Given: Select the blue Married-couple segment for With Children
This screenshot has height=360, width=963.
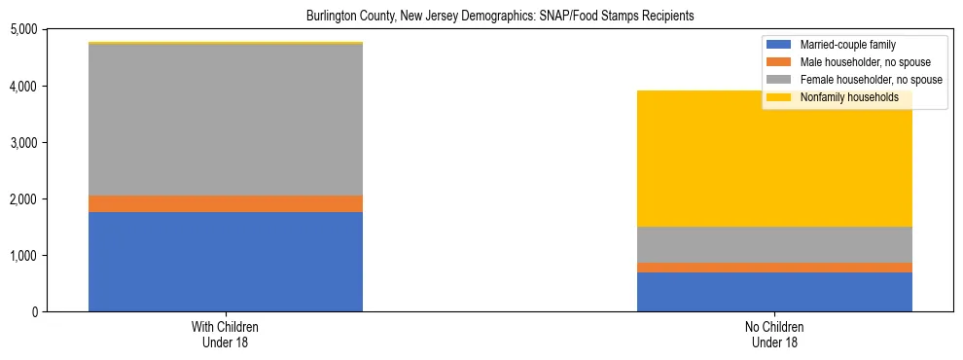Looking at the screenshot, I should [226, 261].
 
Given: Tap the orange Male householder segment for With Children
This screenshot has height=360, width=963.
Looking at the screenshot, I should [226, 203].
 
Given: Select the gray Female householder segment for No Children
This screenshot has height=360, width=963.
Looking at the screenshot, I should [774, 244].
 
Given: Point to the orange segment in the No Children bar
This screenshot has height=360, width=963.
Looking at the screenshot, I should [774, 268].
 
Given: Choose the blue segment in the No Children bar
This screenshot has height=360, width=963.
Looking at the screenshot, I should [774, 292].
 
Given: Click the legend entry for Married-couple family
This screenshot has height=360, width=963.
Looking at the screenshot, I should [845, 45].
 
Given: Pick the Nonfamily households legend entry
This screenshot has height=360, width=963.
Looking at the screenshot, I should [842, 97].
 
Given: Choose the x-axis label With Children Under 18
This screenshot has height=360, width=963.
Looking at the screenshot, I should [226, 334].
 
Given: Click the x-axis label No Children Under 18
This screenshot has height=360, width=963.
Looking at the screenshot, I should [774, 334].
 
